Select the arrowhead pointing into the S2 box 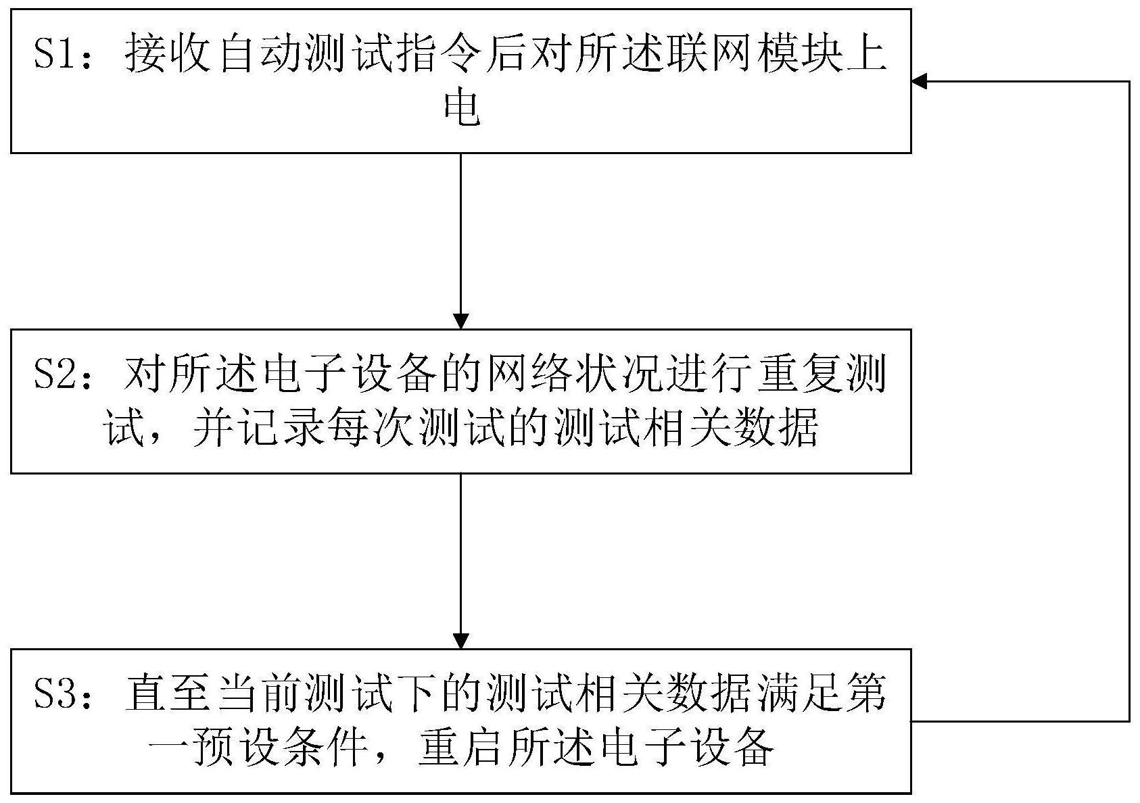[x=460, y=322]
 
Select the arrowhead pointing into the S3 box [x=460, y=641]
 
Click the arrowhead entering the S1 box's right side [x=919, y=81]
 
